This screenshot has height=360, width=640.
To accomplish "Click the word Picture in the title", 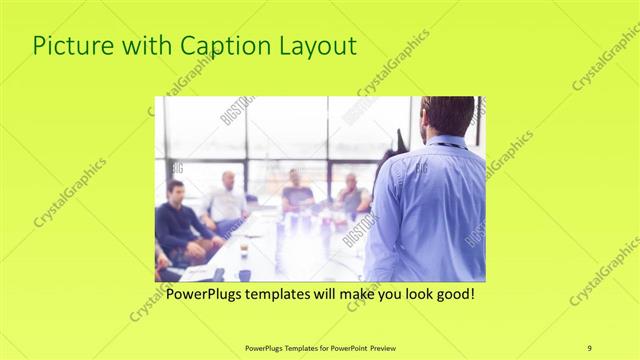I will [72, 46].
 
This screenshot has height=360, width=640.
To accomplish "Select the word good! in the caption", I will [450, 295].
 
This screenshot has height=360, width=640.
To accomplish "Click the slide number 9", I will [589, 347].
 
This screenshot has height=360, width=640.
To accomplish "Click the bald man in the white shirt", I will [226, 200].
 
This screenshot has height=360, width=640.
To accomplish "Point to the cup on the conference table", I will [244, 248].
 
